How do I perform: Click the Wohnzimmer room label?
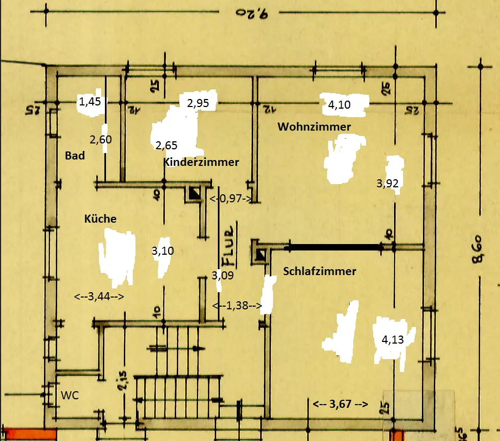pos(314,127)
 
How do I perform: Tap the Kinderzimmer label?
pos(201,162)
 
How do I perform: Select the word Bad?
pos(75,156)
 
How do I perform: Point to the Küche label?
pos(100,218)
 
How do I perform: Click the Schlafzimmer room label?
pos(320,271)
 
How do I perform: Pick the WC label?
pos(70,396)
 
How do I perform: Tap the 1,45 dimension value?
pos(89,101)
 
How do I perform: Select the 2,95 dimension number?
pos(198,103)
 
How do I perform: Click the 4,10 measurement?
pos(339,105)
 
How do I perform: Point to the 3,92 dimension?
pos(387,184)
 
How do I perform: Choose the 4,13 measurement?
pos(392,339)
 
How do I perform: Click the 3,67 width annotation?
pos(340,404)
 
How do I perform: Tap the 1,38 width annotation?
pos(237,306)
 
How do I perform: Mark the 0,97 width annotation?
pos(230,199)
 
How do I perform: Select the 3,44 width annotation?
pos(99,295)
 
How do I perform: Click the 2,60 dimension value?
pos(100,140)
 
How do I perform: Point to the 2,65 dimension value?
pos(166,145)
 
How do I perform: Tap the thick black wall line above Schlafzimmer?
pos(334,248)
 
